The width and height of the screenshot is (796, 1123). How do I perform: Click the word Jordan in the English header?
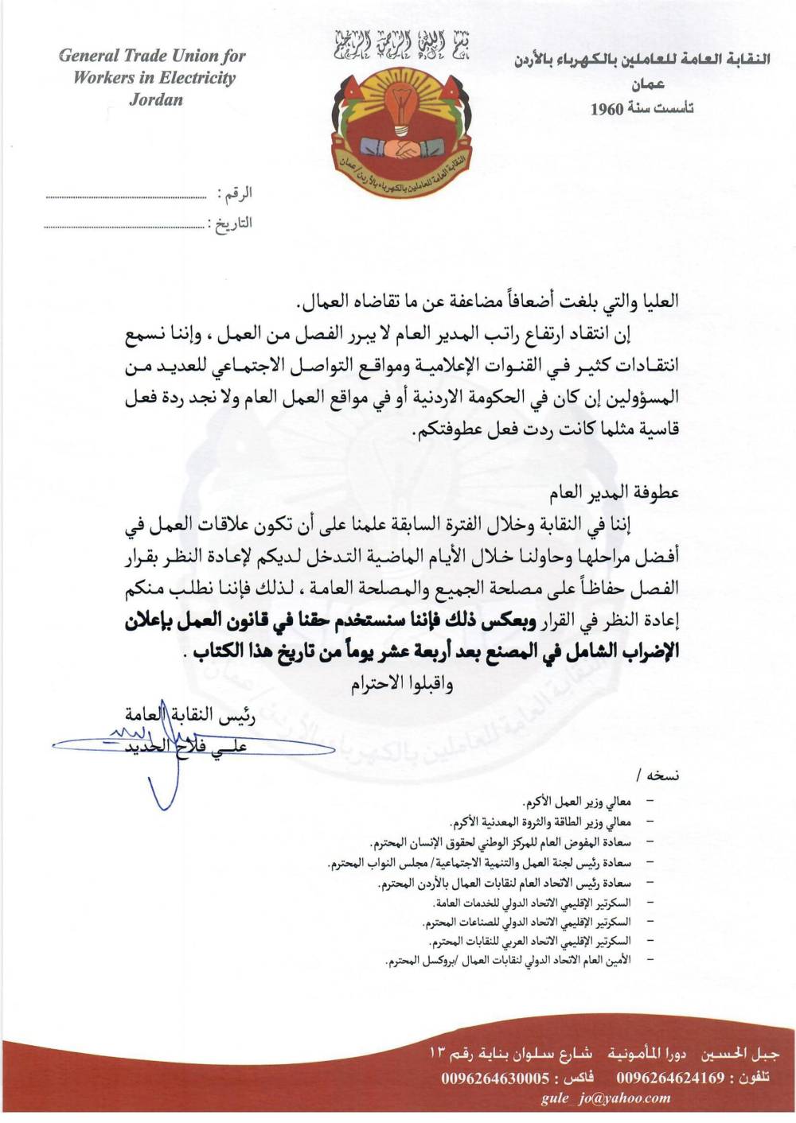(x=156, y=99)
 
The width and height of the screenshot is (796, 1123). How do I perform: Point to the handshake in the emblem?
(x=407, y=148)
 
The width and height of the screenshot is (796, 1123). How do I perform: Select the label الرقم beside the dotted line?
(x=238, y=193)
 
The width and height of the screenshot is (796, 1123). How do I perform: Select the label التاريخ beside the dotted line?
(x=233, y=223)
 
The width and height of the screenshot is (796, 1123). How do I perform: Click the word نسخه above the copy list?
(x=662, y=775)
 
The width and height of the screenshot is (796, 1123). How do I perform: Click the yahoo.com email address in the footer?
(x=606, y=1098)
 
